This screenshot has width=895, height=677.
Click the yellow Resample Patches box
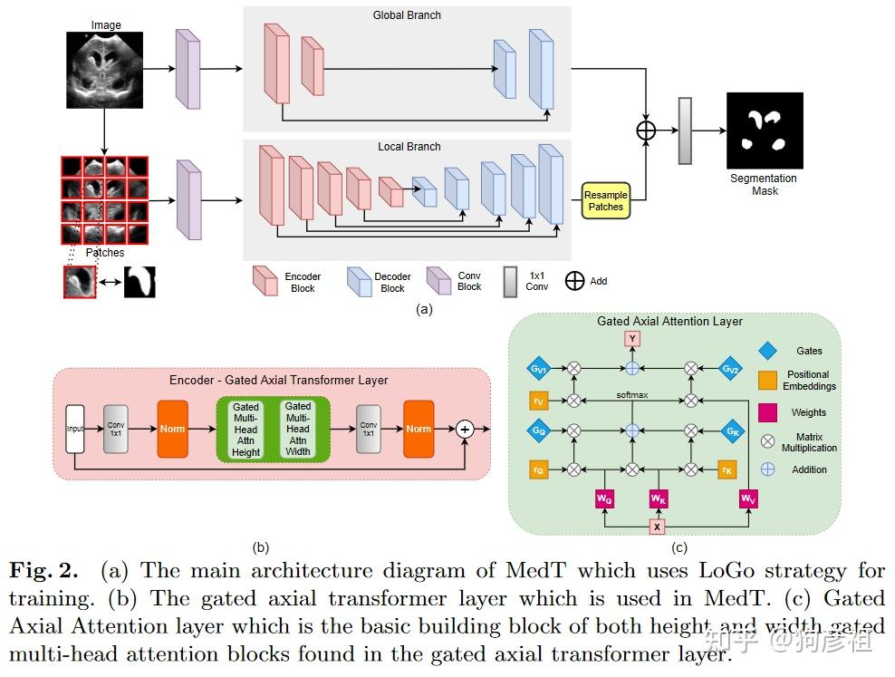605,201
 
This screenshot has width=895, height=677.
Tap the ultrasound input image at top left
105,70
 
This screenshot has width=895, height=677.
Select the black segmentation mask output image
765,131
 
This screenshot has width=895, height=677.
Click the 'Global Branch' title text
407,15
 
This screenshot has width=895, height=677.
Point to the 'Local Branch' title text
409,147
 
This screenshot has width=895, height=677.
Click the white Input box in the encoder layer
75,427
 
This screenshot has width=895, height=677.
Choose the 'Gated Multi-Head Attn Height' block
245,430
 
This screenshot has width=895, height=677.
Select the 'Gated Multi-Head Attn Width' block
298,430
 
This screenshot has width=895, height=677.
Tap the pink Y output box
632,339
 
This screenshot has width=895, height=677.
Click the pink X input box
658,527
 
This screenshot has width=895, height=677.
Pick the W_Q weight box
604,498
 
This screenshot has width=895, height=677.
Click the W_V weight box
748,498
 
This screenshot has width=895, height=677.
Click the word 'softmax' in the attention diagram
632,395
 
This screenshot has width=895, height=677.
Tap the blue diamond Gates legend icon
767,349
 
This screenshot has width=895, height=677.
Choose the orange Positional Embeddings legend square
767,381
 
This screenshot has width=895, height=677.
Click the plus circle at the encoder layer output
465,428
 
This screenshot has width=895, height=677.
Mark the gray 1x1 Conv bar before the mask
685,131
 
